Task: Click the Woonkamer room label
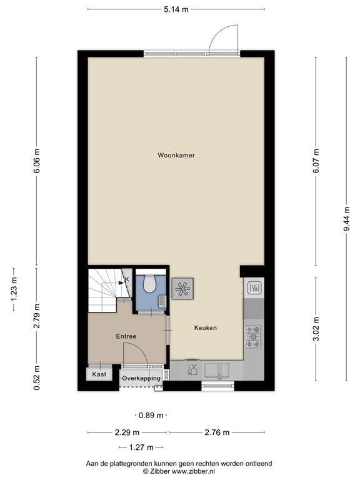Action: pos(176,155)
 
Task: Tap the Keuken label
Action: pos(205,327)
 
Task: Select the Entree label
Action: pos(126,336)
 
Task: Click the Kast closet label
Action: pos(99,374)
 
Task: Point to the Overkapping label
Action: pos(141,379)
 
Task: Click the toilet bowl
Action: pos(149,284)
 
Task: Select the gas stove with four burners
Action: pos(254,336)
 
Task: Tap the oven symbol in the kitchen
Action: pos(254,287)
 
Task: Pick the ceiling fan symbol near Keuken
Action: pos(183,289)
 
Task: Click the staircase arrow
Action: pos(121,281)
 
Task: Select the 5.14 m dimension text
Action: pos(176,9)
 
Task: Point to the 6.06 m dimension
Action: pos(37,161)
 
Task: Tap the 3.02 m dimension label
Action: pos(316,331)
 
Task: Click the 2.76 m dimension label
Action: pos(217,432)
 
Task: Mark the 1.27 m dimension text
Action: pos(141,447)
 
